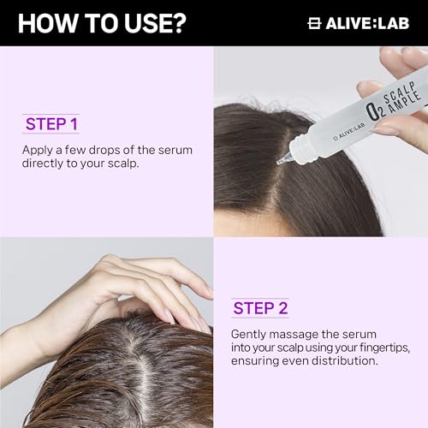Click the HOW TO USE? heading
(101, 22)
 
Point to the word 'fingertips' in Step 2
(377, 348)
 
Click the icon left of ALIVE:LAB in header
(314, 23)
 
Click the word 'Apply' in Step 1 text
(39, 150)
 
